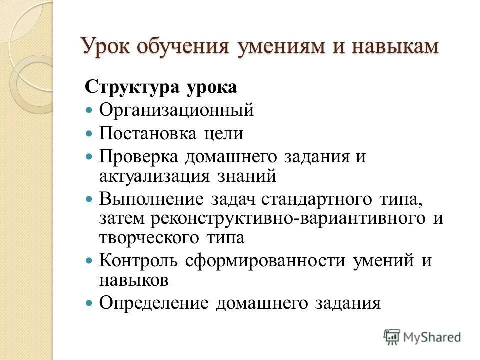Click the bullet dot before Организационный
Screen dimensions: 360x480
point(90,109)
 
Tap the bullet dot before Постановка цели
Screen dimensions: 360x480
point(90,133)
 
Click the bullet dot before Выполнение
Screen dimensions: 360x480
point(90,199)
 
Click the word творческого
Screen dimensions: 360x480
point(148,238)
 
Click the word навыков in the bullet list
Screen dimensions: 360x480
point(133,281)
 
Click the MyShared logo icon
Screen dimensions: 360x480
point(391,336)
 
